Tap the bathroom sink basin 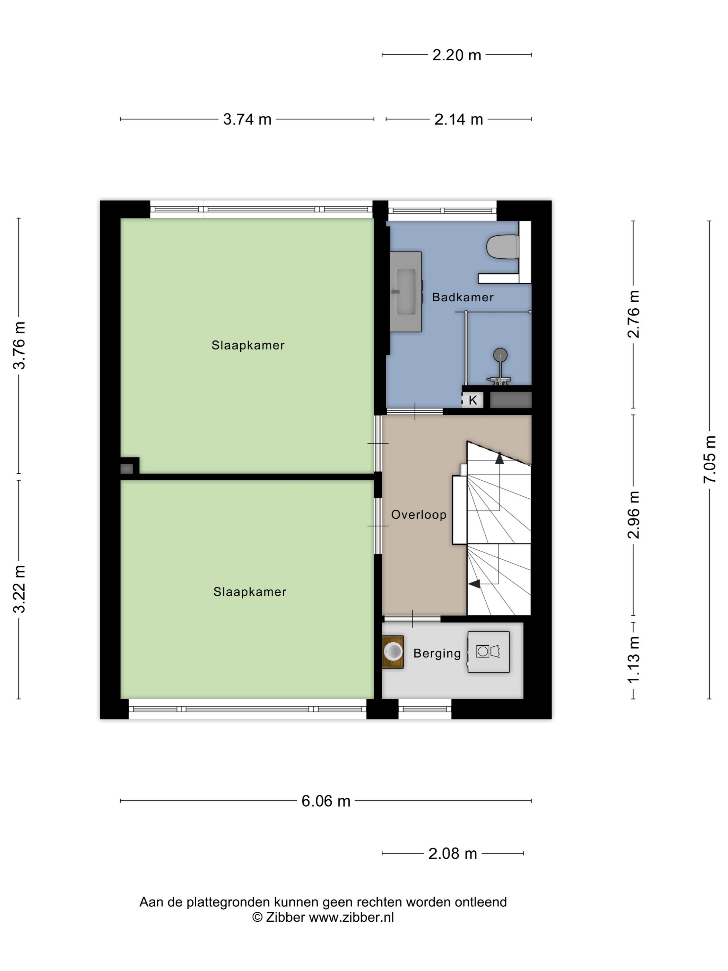coord(406,292)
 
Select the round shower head coord(500,355)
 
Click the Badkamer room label coord(463,297)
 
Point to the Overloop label coord(419,515)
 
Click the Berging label coord(437,654)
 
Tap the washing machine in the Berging coord(488,652)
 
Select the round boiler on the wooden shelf coord(393,651)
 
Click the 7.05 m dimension coord(710,459)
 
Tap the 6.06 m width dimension coord(326,801)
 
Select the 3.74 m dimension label coord(248,119)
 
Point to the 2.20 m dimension coord(457,55)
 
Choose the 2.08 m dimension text coord(453,854)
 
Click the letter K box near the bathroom coord(473,400)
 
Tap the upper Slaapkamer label coord(248,345)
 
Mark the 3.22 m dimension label coord(19,589)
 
